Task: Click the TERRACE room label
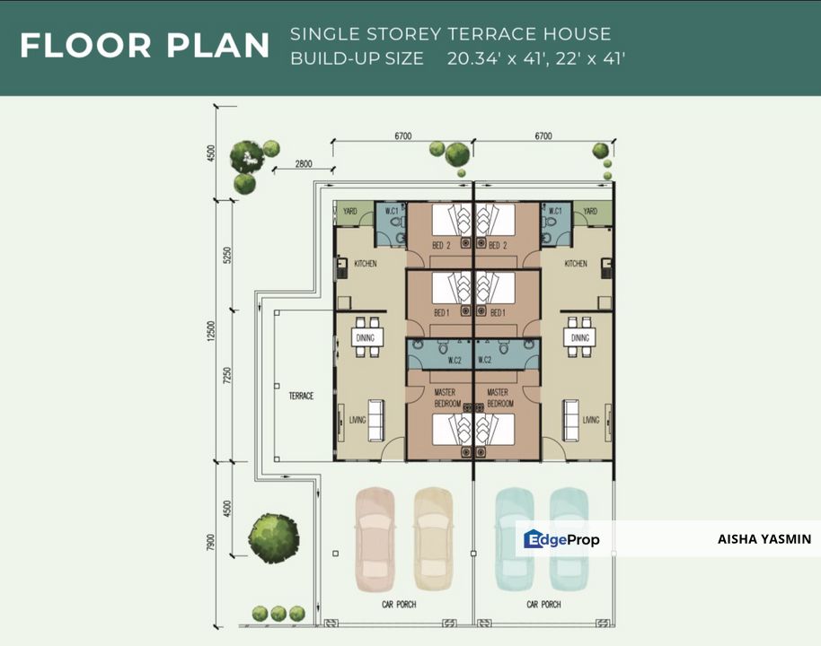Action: coord(301,396)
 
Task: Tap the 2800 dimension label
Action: coord(304,163)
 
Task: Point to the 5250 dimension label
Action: coord(226,255)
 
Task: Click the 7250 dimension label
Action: coord(226,376)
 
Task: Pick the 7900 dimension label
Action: coord(211,543)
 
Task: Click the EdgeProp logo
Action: coord(561,538)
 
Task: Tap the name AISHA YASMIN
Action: coord(764,538)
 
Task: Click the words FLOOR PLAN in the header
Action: coord(145,45)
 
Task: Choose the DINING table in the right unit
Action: coord(579,337)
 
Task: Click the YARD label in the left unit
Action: coord(349,212)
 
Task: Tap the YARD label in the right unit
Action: coord(590,212)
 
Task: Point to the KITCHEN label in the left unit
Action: coord(366,264)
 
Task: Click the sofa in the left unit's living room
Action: coord(376,421)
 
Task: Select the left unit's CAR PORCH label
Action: coord(399,605)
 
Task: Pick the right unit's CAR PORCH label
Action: coord(543,605)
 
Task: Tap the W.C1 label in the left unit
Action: coord(392,212)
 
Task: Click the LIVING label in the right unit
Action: coord(591,420)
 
